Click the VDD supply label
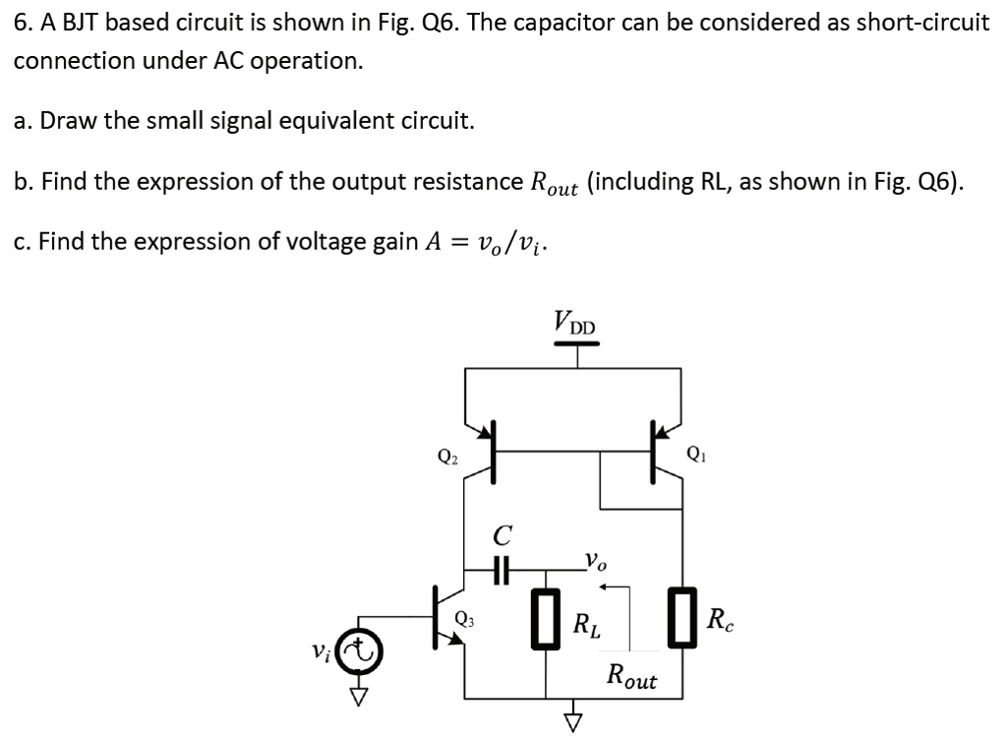point(575,322)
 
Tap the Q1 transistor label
point(695,455)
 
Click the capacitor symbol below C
point(502,569)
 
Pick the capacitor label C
point(503,536)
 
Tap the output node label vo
point(595,562)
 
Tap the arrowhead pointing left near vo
point(606,587)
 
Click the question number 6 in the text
point(20,24)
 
